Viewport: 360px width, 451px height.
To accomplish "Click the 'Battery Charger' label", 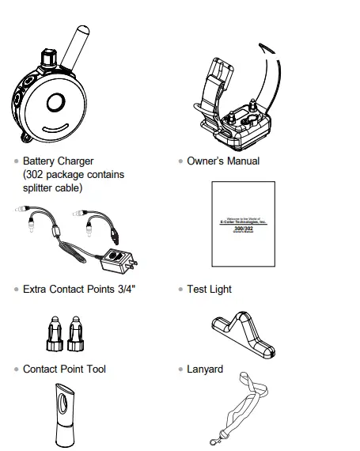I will (58, 161).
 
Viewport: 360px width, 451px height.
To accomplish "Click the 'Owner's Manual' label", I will (222, 161).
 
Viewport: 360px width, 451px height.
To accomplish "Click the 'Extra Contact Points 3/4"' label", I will (79, 289).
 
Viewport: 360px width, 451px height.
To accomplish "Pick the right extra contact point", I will (76, 332).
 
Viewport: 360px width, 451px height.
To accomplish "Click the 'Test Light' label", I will (209, 289).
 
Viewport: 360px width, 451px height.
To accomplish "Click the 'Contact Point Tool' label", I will (64, 369).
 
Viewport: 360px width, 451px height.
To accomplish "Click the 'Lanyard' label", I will (205, 369).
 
